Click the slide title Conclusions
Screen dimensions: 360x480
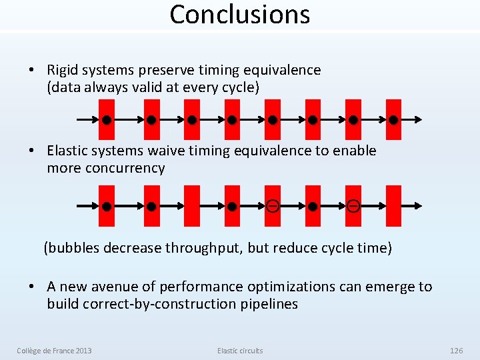240,15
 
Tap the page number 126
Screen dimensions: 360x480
456,351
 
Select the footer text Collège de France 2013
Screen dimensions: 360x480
54,351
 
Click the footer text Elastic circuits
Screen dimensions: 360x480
240,351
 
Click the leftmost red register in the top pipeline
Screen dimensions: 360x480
106,120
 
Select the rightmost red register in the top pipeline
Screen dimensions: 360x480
394,120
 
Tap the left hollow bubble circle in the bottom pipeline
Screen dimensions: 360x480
272,206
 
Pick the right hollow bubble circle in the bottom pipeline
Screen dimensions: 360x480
353,206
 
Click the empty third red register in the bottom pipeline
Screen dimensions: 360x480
191,206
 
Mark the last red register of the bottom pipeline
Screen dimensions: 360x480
394,206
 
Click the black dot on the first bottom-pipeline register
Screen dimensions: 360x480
106,207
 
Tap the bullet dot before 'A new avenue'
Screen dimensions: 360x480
31,287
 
